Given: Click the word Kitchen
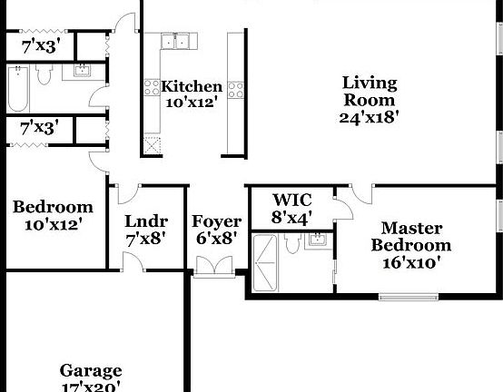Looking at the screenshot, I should click(192, 87).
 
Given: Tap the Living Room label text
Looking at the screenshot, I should click(369, 92).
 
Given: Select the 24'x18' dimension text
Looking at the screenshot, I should click(370, 117).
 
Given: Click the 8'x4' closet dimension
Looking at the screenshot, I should click(293, 218).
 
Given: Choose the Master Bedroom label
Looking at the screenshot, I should click(410, 237).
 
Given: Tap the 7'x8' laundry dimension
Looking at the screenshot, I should click(145, 240).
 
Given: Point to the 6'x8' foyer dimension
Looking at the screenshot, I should click(217, 240).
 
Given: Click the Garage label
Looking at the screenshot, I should click(91, 370).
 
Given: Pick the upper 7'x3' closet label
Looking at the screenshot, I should click(40, 44).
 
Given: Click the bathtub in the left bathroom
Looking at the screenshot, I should click(19, 86).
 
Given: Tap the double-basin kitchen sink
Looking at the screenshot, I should click(177, 40).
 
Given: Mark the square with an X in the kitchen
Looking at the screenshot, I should click(152, 143).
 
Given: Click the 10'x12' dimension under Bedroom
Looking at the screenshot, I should click(53, 223).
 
